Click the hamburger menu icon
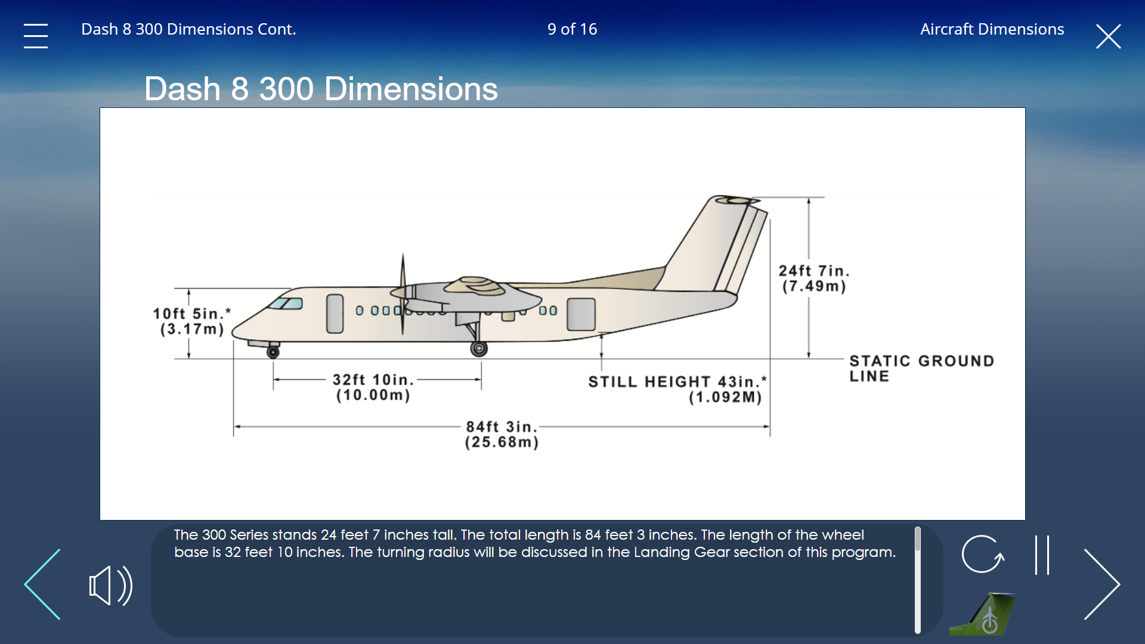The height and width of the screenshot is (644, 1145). (x=36, y=36)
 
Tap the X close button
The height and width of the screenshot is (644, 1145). (x=1108, y=36)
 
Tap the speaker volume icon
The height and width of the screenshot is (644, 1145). (x=110, y=585)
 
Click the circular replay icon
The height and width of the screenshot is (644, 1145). (x=982, y=554)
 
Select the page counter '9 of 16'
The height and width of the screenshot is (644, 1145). (x=572, y=29)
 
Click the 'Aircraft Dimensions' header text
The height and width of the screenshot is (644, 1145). (x=992, y=29)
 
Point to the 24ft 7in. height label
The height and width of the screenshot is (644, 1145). (x=814, y=278)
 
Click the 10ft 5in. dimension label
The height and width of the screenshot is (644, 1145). (x=191, y=321)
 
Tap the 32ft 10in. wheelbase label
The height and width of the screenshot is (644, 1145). (x=373, y=387)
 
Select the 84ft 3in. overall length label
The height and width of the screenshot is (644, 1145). (x=502, y=434)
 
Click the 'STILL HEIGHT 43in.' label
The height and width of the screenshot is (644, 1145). (x=677, y=389)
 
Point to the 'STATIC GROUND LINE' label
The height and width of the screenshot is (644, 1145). (x=921, y=368)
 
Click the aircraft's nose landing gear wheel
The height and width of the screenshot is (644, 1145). (x=273, y=352)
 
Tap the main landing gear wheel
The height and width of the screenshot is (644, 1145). (x=479, y=349)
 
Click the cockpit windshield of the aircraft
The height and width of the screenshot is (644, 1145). (x=286, y=304)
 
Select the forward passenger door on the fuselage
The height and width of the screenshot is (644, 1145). (x=335, y=314)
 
